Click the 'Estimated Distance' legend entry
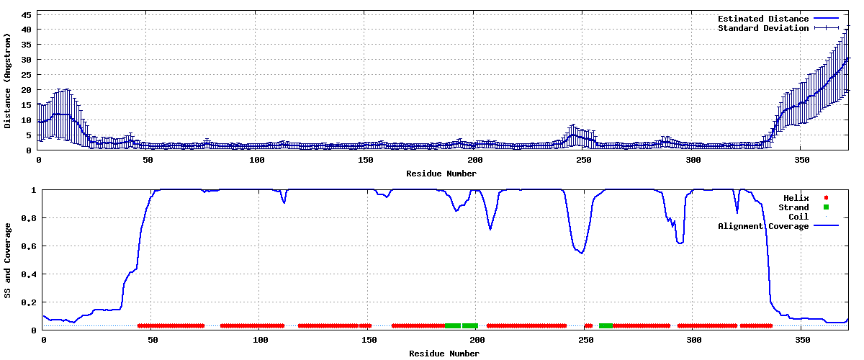(x=778, y=19)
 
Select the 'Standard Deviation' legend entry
(x=778, y=28)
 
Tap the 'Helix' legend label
(x=796, y=198)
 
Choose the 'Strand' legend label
(x=793, y=207)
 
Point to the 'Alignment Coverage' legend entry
(x=778, y=226)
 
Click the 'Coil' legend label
(x=798, y=217)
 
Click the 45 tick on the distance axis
(x=26, y=15)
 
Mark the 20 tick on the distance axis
(x=26, y=90)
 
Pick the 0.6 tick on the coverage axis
(x=29, y=246)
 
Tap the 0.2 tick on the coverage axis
(x=29, y=302)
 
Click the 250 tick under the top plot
(x=583, y=160)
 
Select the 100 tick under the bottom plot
(x=260, y=340)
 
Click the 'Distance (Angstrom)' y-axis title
(x=7, y=81)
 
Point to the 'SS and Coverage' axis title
(x=7, y=261)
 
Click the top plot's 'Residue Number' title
(x=441, y=174)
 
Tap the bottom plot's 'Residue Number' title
(x=444, y=354)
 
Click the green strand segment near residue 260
(x=606, y=325)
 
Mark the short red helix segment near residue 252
(x=588, y=325)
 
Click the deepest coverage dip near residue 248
(x=581, y=253)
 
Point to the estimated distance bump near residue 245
(x=574, y=135)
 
